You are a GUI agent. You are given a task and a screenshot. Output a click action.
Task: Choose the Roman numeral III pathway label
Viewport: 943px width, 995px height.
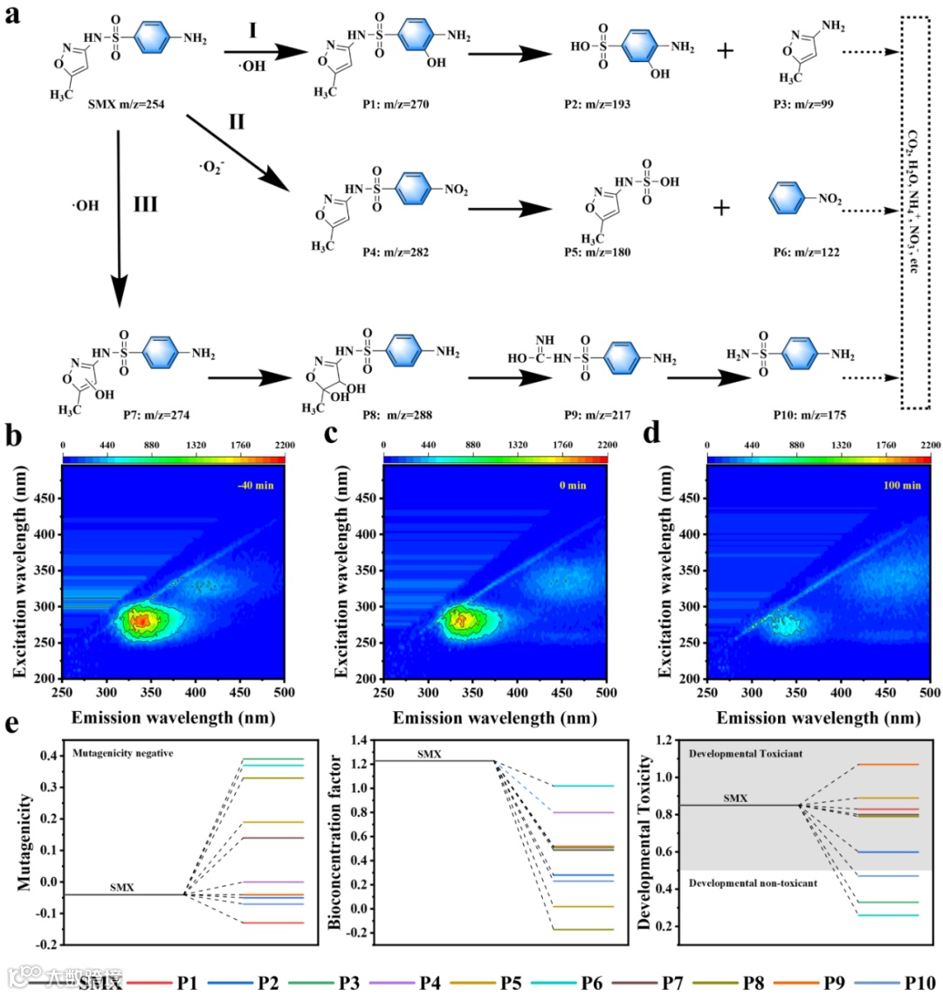[144, 204]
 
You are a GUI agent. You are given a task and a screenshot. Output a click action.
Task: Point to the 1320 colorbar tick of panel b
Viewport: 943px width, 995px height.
[195, 446]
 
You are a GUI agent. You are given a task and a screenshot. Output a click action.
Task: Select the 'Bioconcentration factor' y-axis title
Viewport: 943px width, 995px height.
[334, 842]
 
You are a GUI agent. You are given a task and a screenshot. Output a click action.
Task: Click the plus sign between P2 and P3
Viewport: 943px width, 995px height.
[724, 52]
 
